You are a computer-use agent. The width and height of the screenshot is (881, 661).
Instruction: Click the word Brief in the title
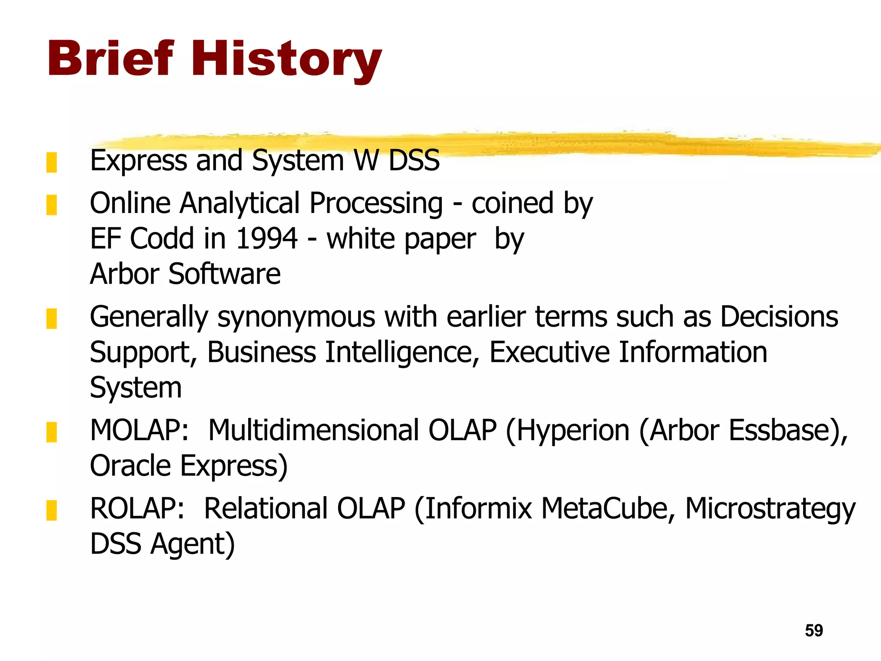[x=111, y=59]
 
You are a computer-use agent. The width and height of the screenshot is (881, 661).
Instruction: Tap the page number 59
[x=813, y=630]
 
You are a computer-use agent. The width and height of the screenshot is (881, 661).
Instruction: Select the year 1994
[x=267, y=238]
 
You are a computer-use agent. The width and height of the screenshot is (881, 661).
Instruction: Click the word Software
[x=224, y=274]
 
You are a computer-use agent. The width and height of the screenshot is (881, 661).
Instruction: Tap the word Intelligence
[x=398, y=352]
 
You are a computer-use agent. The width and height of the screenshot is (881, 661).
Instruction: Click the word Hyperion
[x=573, y=430]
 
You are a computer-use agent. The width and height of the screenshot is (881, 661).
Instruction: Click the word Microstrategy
[x=770, y=509]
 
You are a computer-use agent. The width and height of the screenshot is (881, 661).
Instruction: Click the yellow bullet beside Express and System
[x=52, y=163]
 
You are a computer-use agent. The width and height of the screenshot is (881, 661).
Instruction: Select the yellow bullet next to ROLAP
[x=52, y=510]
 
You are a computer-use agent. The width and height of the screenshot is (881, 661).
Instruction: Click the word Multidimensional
[x=313, y=430]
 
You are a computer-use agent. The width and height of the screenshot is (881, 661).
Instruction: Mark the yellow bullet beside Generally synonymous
[x=52, y=319]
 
